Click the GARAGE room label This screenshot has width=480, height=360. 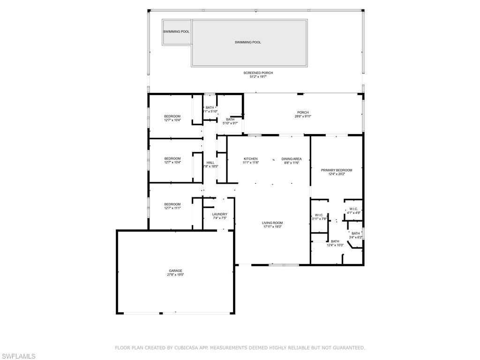point(176,270)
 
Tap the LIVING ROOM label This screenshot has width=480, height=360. point(273,223)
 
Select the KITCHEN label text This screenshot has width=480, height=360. point(250,159)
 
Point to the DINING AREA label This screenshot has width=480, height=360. point(291,159)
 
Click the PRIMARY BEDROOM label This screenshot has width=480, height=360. point(336,170)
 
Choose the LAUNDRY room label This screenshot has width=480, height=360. point(219,214)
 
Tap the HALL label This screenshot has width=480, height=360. point(210,163)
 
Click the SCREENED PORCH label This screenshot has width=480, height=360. point(258,73)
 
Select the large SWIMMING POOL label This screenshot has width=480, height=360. point(248,42)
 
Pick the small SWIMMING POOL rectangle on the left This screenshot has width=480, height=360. point(176,32)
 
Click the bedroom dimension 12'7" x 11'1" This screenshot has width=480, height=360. point(172,208)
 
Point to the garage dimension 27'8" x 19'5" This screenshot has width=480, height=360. point(176,275)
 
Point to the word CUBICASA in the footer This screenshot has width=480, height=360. point(190,348)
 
